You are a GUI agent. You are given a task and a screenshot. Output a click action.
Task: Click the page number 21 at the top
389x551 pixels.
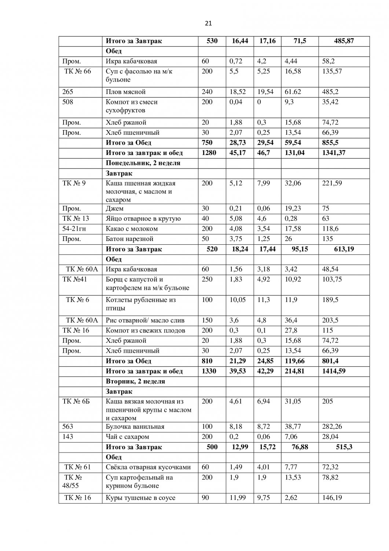[x=208, y=24]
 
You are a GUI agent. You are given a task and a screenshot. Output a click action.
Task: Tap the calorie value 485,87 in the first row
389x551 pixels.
[x=344, y=41]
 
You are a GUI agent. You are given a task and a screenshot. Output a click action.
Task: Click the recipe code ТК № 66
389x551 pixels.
[x=77, y=71]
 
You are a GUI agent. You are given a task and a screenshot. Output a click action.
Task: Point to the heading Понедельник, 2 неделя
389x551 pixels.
[x=143, y=163]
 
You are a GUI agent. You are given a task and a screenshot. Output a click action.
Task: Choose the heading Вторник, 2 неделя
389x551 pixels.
[x=135, y=381]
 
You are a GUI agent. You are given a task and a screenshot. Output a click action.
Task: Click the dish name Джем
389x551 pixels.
[x=114, y=209]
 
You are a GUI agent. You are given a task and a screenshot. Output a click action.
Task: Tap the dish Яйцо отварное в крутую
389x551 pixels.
[x=143, y=219]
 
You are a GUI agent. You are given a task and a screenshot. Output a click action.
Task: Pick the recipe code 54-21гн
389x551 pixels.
[x=74, y=229]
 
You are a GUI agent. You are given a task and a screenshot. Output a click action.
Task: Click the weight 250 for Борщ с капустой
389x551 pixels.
[x=207, y=280]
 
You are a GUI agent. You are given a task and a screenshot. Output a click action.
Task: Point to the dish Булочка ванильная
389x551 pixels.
[x=135, y=427]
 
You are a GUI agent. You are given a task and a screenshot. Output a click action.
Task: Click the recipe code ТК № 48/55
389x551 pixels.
[x=73, y=482]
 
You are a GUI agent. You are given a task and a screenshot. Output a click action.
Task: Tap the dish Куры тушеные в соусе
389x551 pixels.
[x=140, y=498]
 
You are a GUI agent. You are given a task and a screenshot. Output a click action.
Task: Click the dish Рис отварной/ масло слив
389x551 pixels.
[x=145, y=320]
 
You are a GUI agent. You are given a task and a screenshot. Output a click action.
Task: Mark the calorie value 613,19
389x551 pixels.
[x=344, y=249]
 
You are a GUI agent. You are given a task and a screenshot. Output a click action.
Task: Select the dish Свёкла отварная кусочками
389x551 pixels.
[x=148, y=467]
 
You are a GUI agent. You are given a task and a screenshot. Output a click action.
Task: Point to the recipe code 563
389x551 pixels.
[x=68, y=427]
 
